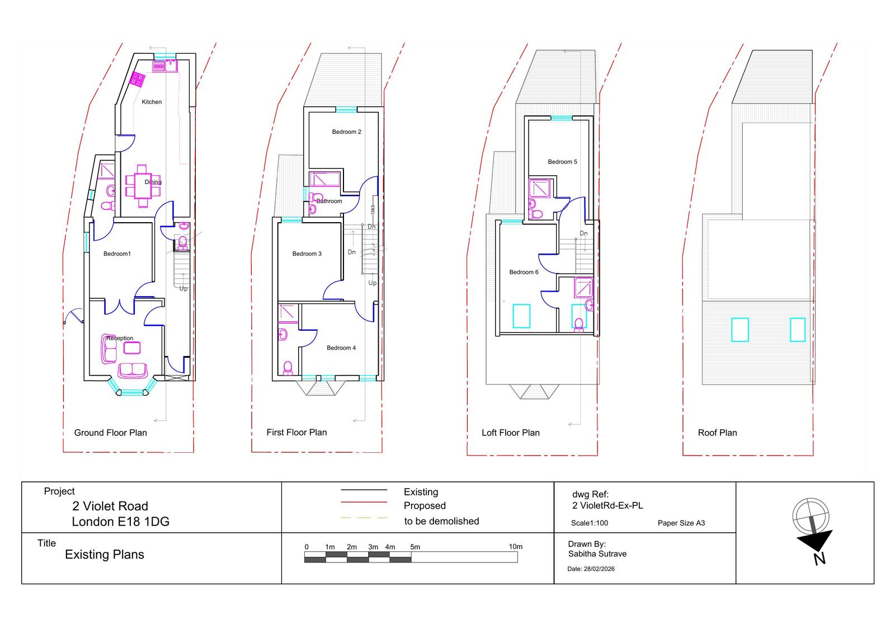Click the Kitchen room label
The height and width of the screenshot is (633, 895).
click(152, 102)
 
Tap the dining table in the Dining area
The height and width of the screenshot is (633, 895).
click(143, 186)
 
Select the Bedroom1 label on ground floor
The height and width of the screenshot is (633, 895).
click(117, 254)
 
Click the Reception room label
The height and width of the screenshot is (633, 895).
click(120, 338)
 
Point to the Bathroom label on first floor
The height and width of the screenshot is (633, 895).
click(329, 201)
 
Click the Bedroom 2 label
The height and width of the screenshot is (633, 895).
click(346, 132)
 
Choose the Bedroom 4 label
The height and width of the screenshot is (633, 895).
click(341, 348)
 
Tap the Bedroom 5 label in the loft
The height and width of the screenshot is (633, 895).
click(562, 162)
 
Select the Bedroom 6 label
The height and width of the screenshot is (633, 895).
click(524, 272)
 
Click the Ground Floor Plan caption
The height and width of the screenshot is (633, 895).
click(111, 433)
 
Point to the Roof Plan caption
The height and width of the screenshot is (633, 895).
click(717, 433)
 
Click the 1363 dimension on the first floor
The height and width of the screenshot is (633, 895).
click(373, 210)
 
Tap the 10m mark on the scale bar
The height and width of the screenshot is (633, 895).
click(515, 547)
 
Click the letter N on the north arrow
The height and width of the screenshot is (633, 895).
click(819, 559)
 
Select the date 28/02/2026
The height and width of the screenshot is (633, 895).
click(599, 569)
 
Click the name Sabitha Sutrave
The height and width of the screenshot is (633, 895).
click(597, 554)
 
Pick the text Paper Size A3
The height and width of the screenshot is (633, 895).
click(681, 523)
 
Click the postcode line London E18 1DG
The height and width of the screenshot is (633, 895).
click(121, 522)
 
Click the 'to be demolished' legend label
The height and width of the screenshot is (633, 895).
click(441, 521)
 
